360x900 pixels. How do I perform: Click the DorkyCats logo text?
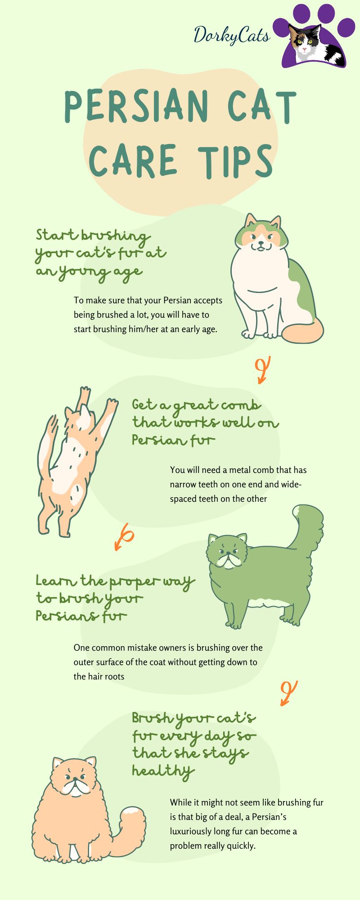click(x=231, y=35)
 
